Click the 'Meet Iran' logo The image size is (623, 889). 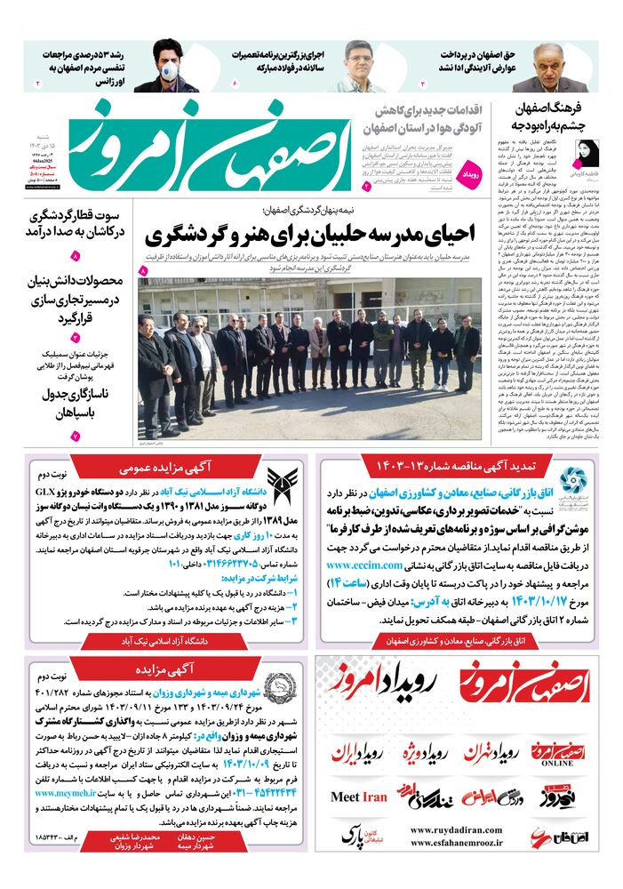[359, 797]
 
